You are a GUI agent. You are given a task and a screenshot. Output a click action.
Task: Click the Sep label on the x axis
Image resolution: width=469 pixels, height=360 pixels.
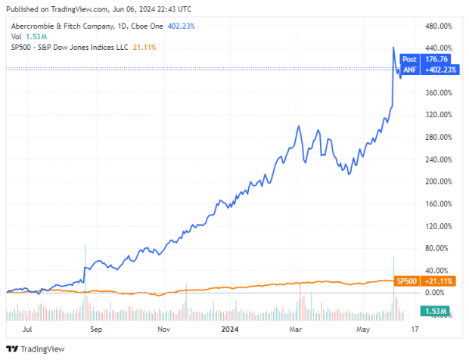click(x=95, y=331)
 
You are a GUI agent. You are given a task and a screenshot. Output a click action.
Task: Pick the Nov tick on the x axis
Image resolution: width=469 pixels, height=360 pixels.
click(x=163, y=331)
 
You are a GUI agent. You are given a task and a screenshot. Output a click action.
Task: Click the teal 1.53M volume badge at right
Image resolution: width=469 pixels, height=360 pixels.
click(x=434, y=311)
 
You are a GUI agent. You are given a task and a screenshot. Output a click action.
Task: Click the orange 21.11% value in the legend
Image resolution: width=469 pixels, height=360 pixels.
click(x=144, y=46)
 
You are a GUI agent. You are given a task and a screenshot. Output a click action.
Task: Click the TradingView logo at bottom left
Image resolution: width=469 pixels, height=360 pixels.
click(x=36, y=349)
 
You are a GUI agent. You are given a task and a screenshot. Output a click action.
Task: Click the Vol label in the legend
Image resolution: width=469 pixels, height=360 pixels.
click(x=14, y=36)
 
